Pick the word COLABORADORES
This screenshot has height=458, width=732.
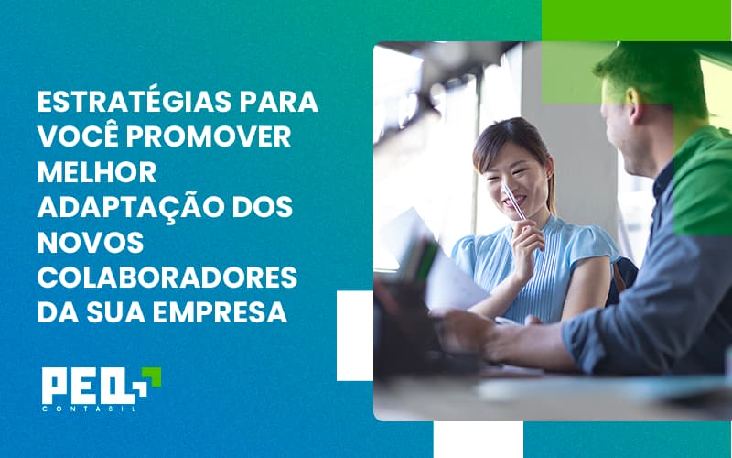coord(167,277)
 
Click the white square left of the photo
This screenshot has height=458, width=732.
coord(354,335)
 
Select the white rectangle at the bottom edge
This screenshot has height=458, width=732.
coord(464,440)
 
